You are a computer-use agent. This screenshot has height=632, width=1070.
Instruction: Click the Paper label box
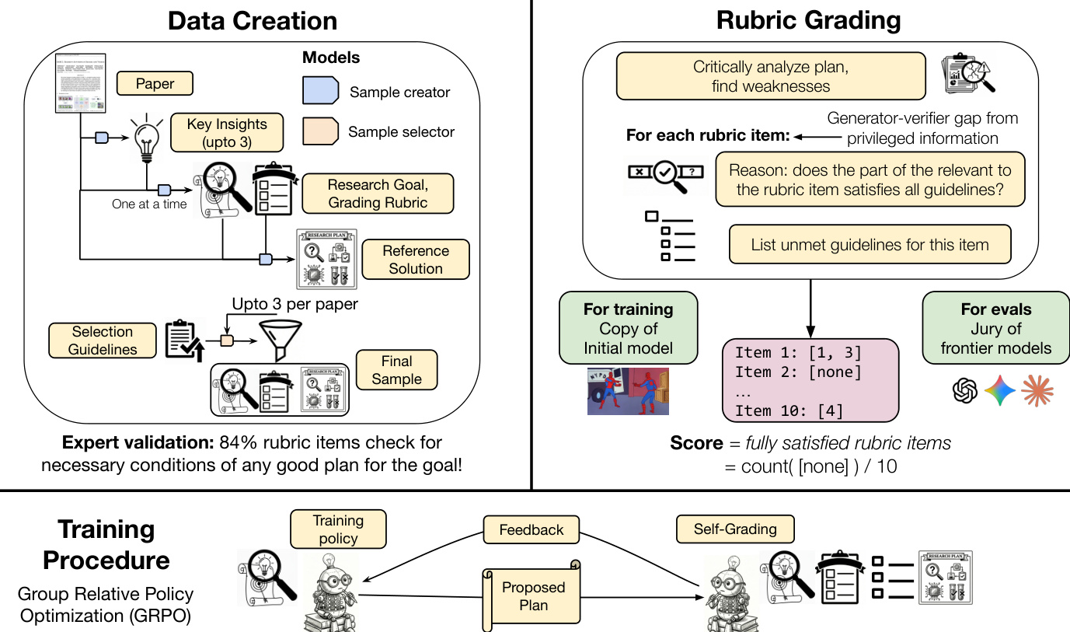(x=155, y=83)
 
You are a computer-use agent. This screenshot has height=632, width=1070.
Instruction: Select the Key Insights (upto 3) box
(x=227, y=133)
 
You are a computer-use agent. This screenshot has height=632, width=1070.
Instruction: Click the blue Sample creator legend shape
(x=320, y=92)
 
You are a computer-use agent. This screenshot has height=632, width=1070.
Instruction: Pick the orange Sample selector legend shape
(x=320, y=131)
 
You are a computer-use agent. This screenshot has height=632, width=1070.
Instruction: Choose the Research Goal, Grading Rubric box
(x=378, y=194)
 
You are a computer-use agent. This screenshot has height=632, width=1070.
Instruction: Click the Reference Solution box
(x=416, y=260)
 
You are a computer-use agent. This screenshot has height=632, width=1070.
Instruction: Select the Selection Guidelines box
(x=102, y=340)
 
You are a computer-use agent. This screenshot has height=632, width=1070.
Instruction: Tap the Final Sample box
(x=396, y=370)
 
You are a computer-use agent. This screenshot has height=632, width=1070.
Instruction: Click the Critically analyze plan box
(x=770, y=76)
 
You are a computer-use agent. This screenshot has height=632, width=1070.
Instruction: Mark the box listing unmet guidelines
(x=870, y=245)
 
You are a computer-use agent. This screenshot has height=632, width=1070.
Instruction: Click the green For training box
(x=628, y=327)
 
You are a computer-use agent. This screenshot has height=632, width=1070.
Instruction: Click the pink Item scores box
(x=810, y=382)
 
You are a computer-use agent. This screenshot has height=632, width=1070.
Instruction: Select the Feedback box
(x=532, y=530)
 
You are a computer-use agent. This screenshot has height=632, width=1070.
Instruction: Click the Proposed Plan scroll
(x=533, y=596)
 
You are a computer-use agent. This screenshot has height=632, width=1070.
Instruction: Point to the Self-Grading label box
(x=734, y=529)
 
